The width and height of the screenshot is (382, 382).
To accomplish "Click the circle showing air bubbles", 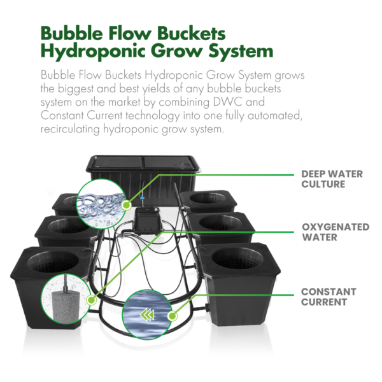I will click(101, 203).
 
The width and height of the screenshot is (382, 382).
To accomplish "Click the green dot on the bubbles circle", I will click(127, 205).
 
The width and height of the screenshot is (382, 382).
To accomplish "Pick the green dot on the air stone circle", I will click(92, 299).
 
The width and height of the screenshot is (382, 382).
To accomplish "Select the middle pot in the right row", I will click(220, 226).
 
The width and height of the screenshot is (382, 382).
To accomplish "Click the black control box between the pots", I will click(147, 223).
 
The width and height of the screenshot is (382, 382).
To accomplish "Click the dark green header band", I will click(191, 43).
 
